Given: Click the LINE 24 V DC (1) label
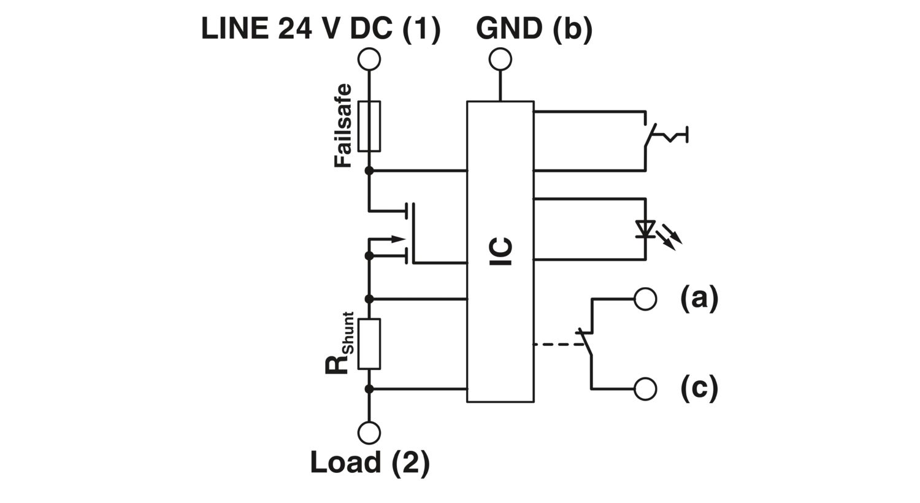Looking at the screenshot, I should click(x=321, y=28).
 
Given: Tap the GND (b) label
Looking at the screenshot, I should click(x=534, y=28).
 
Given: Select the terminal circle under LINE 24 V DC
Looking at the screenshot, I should click(x=369, y=60).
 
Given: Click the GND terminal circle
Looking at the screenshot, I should click(x=500, y=60).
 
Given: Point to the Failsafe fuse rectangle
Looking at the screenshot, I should click(x=369, y=126).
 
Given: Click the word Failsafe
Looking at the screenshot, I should click(x=343, y=126).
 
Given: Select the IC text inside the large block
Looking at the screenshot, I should click(x=501, y=251).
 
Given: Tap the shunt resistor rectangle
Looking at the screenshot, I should click(x=369, y=344).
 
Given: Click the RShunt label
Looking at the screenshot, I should click(x=340, y=344).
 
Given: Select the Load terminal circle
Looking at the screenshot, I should click(x=369, y=432).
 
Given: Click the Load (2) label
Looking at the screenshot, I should click(x=369, y=463).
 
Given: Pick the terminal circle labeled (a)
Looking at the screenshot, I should click(x=645, y=299).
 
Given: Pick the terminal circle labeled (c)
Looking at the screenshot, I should click(x=645, y=389).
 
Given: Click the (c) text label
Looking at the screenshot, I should click(x=699, y=388).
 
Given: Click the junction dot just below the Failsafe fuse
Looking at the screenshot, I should click(x=369, y=170).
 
